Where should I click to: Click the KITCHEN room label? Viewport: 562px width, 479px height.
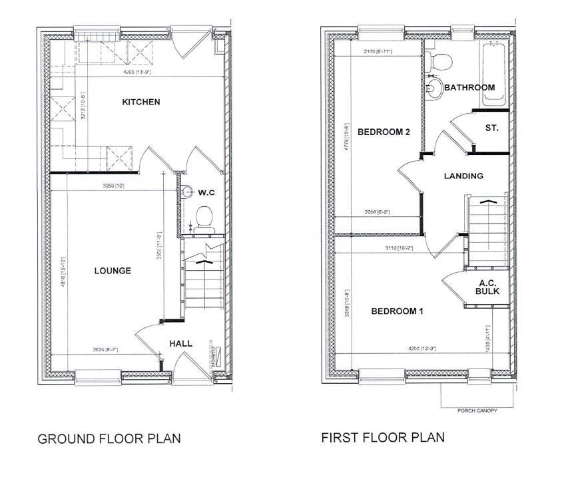click(x=141, y=102)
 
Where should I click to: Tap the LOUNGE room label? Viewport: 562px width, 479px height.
click(x=113, y=271)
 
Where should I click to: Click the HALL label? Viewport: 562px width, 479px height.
click(x=180, y=343)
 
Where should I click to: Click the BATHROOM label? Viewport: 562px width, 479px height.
click(x=469, y=87)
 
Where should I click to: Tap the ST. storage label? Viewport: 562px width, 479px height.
click(x=492, y=128)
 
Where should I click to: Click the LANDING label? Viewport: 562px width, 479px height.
click(x=463, y=176)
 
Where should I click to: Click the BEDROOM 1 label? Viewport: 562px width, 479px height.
click(x=398, y=311)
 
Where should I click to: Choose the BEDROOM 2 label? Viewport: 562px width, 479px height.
click(x=384, y=132)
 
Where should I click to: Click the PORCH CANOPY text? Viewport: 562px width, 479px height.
click(x=477, y=410)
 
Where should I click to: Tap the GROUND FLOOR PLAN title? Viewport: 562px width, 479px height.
click(x=109, y=439)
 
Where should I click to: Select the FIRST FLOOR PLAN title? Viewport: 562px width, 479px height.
click(x=383, y=438)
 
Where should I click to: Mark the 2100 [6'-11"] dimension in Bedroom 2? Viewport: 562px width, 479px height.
click(x=376, y=51)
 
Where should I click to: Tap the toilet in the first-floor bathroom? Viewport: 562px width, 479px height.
click(x=439, y=61)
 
